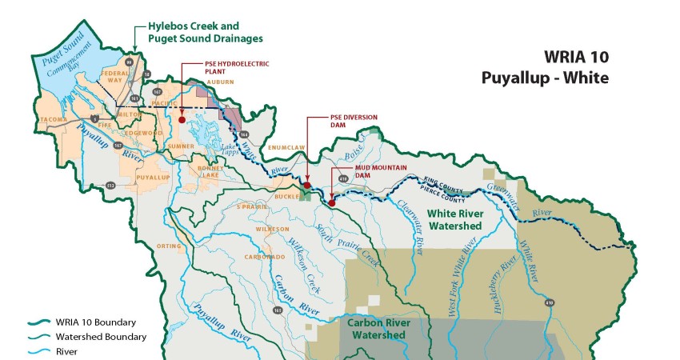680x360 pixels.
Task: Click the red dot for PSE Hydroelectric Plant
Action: (x=182, y=119)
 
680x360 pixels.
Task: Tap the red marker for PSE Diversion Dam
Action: (x=307, y=186)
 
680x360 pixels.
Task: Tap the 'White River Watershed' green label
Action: (x=454, y=220)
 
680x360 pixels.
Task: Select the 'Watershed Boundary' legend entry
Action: (x=101, y=337)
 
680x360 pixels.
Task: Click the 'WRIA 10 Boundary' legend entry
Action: (x=95, y=322)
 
